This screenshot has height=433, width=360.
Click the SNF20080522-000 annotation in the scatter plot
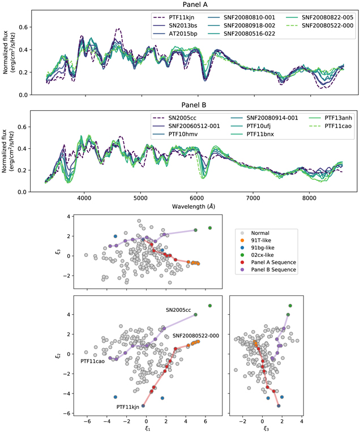coord(195,336)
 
